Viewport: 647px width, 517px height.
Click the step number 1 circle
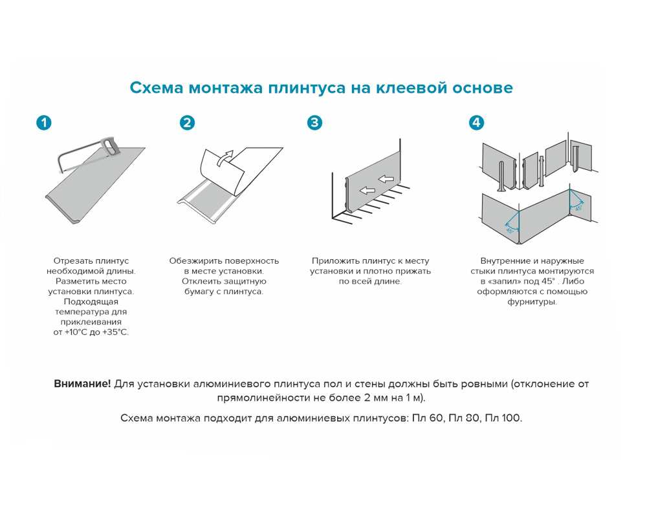coord(43,123)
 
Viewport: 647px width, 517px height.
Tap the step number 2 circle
coord(187,123)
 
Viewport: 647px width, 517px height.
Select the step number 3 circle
coord(314,123)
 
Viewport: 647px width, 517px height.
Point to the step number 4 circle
coord(476,123)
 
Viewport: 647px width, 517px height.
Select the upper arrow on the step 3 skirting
coord(387,179)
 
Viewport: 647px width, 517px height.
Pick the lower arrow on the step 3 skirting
coord(367,191)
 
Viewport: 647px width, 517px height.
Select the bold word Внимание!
coord(82,384)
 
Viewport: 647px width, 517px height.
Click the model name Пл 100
coord(506,417)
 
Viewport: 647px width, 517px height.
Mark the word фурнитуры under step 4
coord(532,302)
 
